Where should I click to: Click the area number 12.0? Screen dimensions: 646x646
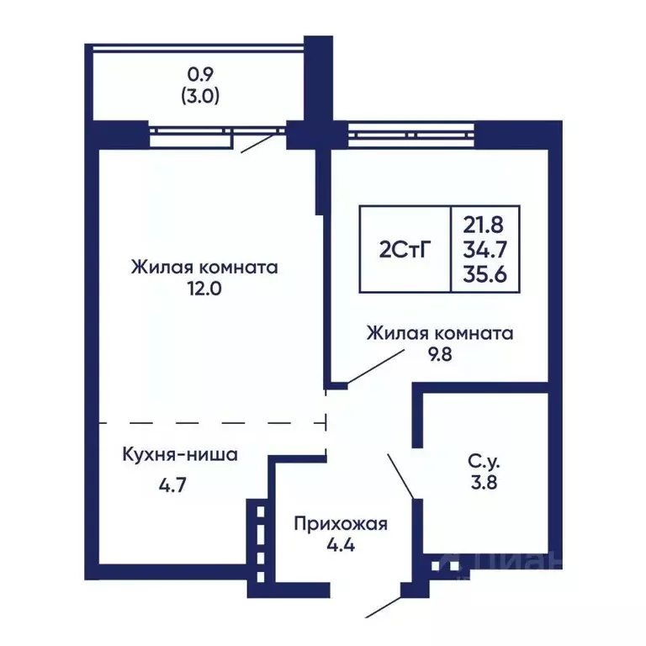pyautogui.click(x=204, y=289)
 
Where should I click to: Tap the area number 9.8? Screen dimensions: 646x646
pyautogui.click(x=439, y=354)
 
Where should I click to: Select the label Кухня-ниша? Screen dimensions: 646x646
pyautogui.click(x=180, y=455)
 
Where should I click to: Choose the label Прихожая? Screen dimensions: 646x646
pyautogui.click(x=340, y=524)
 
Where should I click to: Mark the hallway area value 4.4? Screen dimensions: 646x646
pyautogui.click(x=340, y=546)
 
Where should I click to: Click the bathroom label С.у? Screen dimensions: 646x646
pyautogui.click(x=485, y=461)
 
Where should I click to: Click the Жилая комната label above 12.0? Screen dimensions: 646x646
pyautogui.click(x=204, y=267)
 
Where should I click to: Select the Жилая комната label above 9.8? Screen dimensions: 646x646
pyautogui.click(x=439, y=333)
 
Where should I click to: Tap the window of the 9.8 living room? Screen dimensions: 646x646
pyautogui.click(x=411, y=131)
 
